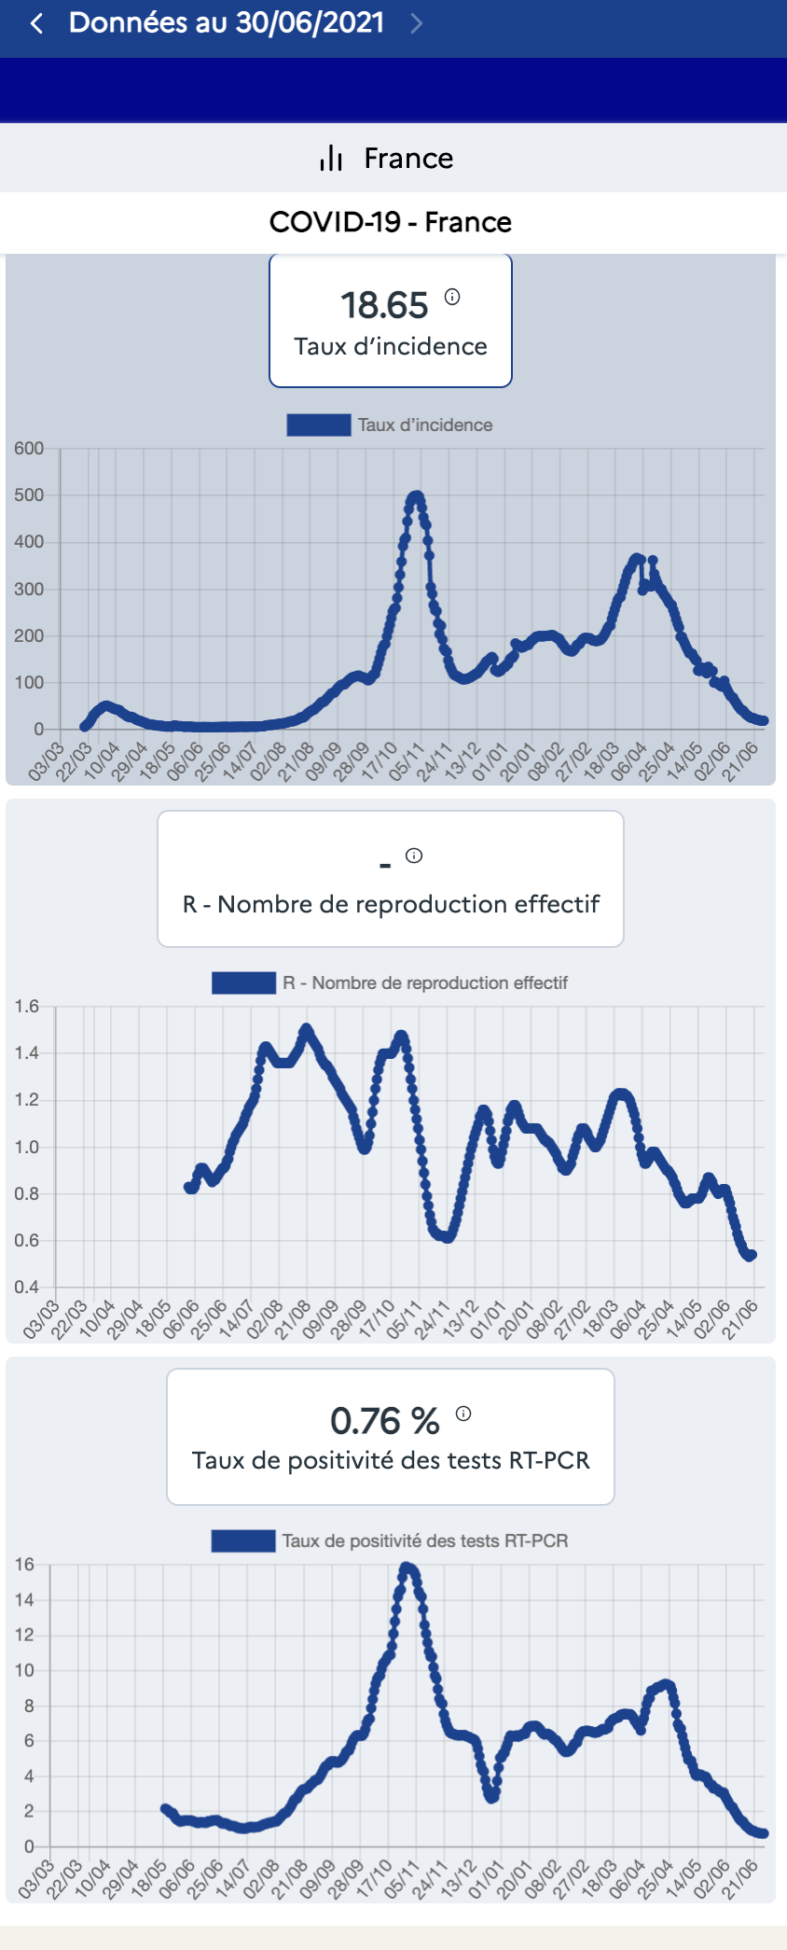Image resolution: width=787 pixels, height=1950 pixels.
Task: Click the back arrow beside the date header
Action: coord(37,23)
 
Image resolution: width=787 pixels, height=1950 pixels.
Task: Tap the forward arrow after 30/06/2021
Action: coord(417,23)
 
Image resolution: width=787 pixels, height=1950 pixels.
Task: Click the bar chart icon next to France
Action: coord(331,158)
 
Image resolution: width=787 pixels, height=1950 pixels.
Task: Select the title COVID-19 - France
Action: coord(390,222)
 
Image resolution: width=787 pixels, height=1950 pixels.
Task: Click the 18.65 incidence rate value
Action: coord(384,305)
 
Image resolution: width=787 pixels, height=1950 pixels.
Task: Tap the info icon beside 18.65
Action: coord(452,297)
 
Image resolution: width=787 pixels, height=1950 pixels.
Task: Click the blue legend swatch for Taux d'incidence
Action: coord(319,425)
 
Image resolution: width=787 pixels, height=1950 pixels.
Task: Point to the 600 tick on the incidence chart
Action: coord(29,449)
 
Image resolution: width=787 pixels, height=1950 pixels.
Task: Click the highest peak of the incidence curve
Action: coord(415,496)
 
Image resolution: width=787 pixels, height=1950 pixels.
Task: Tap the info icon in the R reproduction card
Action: coord(414,856)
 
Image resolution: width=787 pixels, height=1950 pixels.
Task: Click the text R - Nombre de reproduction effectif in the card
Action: coord(391,904)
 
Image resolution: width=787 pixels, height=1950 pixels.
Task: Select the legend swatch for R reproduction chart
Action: coord(243,983)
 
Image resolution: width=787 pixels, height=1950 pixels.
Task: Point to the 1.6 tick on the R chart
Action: coord(27,1007)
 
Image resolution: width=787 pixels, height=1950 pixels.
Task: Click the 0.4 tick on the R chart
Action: coord(27,1288)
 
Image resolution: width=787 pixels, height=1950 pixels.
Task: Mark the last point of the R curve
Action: coord(752,1255)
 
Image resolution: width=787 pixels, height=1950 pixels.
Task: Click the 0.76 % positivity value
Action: coord(384,1421)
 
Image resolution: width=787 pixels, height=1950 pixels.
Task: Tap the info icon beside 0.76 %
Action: coord(463,1414)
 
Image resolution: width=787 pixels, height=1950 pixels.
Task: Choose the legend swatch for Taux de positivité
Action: coord(242,1541)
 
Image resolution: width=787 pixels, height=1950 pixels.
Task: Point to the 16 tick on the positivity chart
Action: coord(25,1565)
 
